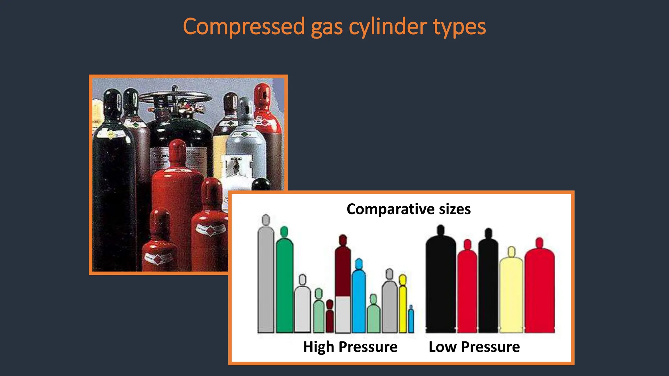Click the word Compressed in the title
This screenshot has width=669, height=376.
[244, 27]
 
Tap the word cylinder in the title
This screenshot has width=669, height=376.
[387, 27]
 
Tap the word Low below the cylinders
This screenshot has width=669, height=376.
[442, 347]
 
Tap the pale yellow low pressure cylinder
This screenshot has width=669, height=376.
[511, 294]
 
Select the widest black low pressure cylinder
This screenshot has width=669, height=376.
[441, 284]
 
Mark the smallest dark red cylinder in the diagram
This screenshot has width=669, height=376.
[330, 318]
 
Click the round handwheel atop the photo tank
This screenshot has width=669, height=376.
[175, 96]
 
